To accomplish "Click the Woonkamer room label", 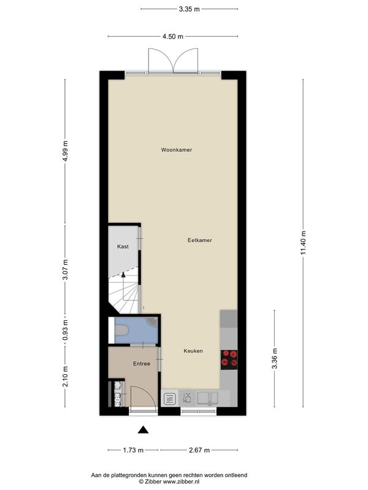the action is [177, 150].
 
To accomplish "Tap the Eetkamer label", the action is [200, 240].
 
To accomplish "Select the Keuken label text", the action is [193, 351].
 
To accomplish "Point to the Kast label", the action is [123, 247].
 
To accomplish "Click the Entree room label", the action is [142, 364].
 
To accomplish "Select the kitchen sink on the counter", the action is [207, 398].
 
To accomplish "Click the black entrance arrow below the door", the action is [144, 430].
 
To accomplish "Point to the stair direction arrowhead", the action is [123, 274].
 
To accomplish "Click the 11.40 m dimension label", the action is [303, 243].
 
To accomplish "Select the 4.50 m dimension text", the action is [173, 37].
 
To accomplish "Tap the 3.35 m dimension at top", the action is [190, 9].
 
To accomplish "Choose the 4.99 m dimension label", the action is [65, 151].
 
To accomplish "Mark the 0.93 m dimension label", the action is [65, 330].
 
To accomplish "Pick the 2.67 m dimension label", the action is [199, 450].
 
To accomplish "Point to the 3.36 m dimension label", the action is [274, 358].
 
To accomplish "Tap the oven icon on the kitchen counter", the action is [170, 399].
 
